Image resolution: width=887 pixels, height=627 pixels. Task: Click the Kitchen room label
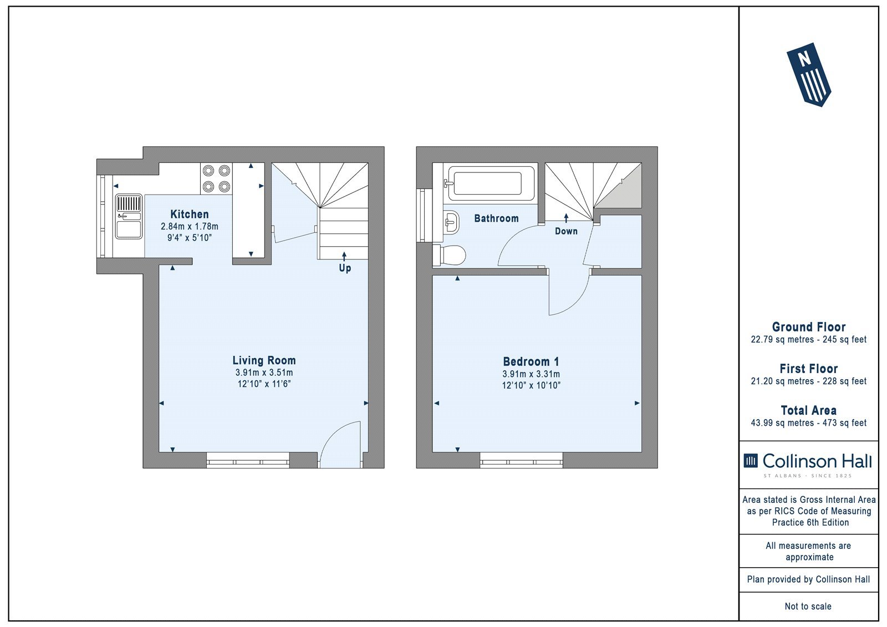(189, 215)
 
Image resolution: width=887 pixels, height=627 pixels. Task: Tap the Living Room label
(264, 360)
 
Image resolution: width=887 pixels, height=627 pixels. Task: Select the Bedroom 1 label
(531, 361)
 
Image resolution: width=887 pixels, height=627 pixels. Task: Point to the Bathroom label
(496, 218)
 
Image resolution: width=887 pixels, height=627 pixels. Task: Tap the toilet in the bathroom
(449, 255)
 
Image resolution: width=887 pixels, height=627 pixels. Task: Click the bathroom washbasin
(451, 222)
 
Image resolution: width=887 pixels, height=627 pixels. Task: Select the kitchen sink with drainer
(129, 217)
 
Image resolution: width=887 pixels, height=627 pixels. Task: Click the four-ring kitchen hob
(216, 179)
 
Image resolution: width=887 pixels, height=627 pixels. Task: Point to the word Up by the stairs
(344, 268)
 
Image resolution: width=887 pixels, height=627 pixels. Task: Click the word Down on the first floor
(566, 231)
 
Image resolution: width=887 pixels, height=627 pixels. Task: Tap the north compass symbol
(808, 74)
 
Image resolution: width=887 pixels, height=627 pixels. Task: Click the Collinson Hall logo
(808, 465)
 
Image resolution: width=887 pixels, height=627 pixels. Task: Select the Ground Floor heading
(809, 327)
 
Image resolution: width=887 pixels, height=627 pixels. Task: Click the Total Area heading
(809, 410)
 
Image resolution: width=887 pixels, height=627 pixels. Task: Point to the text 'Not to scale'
(808, 606)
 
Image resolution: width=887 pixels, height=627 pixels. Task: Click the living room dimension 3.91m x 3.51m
(264, 373)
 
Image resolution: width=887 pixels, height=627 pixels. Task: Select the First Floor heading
(809, 368)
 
